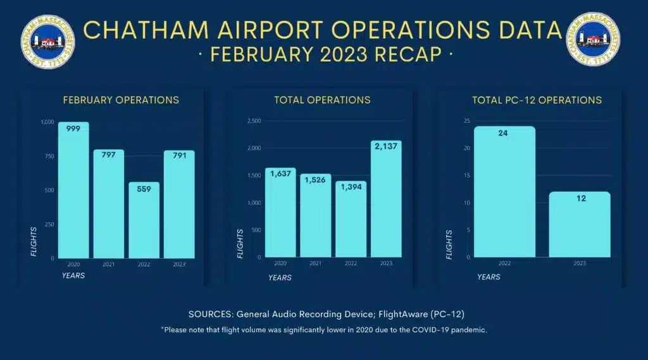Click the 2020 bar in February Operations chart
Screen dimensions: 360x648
73,190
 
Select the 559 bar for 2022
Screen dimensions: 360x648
144,221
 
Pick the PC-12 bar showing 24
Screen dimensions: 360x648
504,193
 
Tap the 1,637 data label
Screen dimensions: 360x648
280,175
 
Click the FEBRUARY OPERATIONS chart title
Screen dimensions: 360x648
121,100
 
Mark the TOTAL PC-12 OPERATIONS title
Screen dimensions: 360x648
537,100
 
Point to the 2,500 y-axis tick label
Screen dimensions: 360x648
254,121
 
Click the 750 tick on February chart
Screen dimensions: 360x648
48,156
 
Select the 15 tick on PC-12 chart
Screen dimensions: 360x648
467,175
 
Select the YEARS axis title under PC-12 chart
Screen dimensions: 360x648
489,276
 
